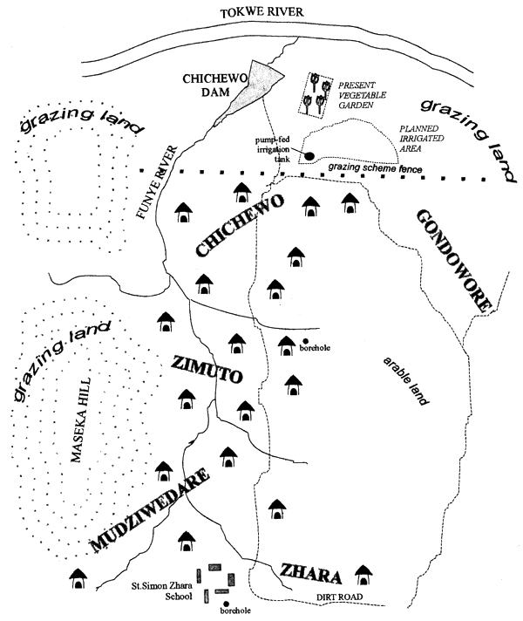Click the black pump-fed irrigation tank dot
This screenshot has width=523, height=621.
309,156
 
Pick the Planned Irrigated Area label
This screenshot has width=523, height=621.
423,140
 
